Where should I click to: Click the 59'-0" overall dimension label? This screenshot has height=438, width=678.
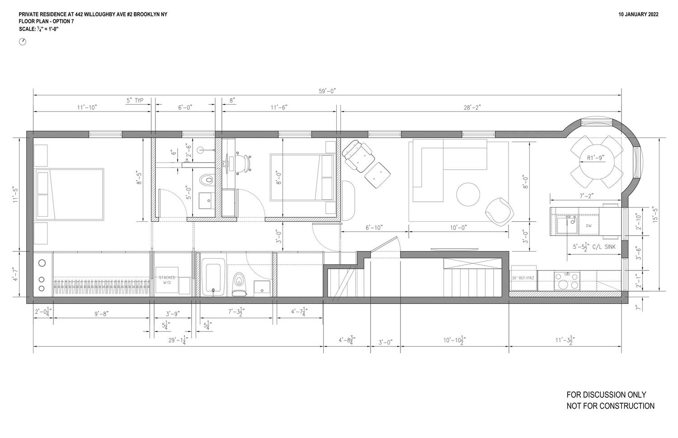[327, 91]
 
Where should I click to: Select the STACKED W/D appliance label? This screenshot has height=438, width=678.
[167, 280]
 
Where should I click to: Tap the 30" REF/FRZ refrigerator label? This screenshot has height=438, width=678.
[523, 278]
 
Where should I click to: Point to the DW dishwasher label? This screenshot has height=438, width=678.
[589, 226]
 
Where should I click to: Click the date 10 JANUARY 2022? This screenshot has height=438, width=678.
[638, 14]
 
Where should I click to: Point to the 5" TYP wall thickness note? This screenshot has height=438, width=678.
[135, 101]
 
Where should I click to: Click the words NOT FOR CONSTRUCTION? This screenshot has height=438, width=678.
[610, 406]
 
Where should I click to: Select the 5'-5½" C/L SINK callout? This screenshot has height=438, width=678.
[593, 247]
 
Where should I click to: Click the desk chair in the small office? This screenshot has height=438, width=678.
[244, 163]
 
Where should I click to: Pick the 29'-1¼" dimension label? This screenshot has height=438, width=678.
[178, 340]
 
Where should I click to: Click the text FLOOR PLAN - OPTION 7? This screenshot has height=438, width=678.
[46, 22]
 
